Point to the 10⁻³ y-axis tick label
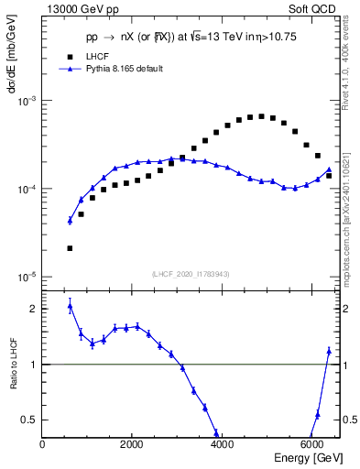pos(28,101)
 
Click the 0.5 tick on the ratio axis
pos(30,420)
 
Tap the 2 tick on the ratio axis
pos(34,309)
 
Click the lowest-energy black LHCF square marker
pos(70,248)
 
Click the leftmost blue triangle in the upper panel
pos(70,220)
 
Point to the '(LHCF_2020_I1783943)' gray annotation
pos(191,274)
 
